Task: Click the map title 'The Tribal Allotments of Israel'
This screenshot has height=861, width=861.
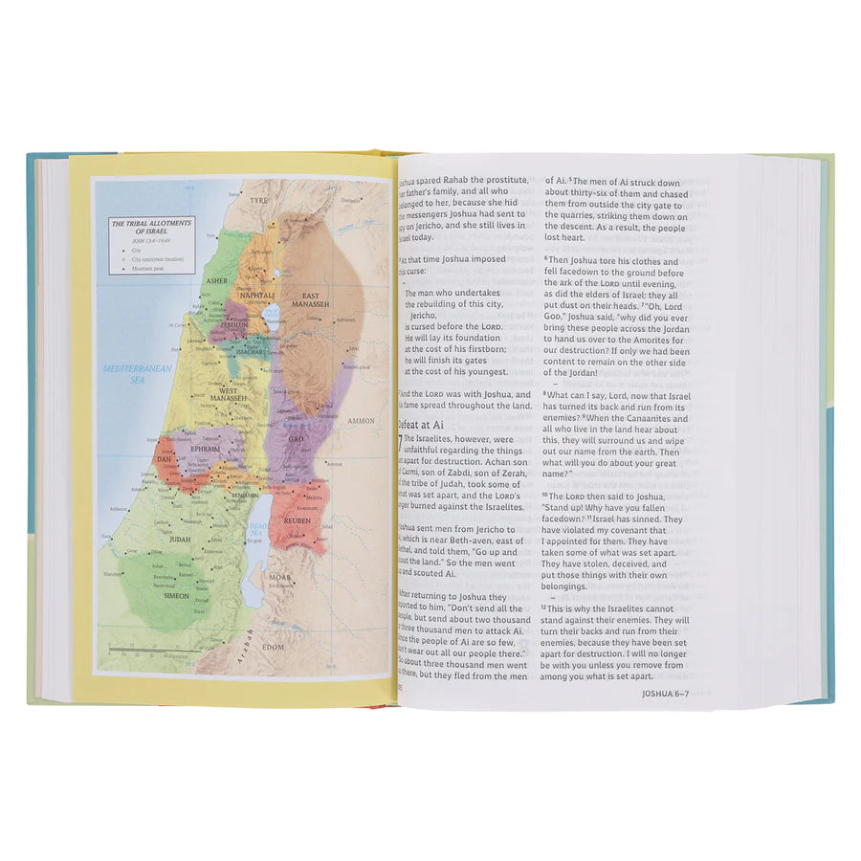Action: (151, 228)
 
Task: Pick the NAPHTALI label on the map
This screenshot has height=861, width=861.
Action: (256, 296)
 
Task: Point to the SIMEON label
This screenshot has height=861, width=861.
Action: (151, 594)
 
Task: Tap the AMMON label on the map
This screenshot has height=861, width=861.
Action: (361, 421)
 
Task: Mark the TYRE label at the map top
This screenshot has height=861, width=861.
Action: (258, 203)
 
